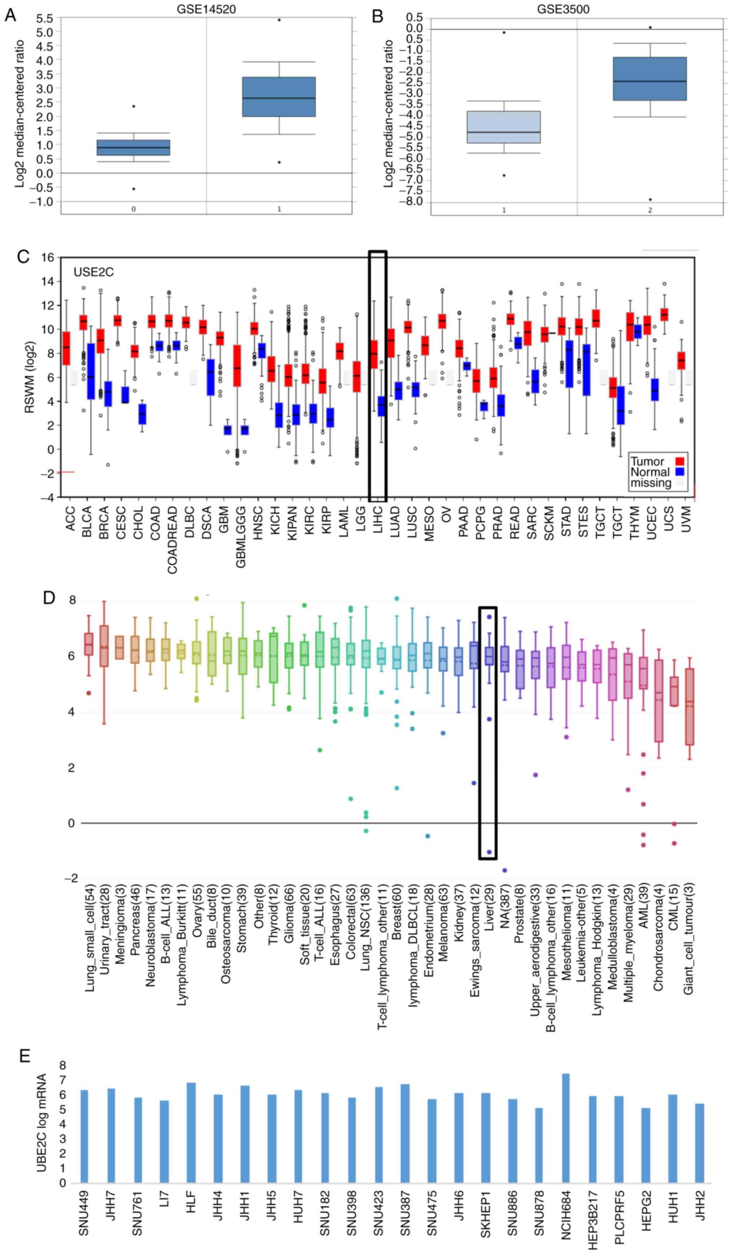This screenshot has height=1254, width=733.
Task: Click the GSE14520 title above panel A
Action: pos(206,9)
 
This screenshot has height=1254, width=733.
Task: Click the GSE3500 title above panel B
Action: pos(563,9)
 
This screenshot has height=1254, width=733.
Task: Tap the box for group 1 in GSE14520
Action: pos(279,97)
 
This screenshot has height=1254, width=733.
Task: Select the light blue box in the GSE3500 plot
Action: pos(504,127)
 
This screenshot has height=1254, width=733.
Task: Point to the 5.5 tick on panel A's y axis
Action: pos(45,18)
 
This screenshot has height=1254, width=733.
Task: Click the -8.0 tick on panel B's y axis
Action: pos(413,202)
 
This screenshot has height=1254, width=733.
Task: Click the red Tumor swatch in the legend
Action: pos(679,460)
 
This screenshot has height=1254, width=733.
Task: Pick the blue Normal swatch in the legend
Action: pos(679,472)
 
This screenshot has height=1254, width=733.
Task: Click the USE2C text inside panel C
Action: pos(94,272)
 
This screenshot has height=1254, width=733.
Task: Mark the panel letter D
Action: pos(49,597)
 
